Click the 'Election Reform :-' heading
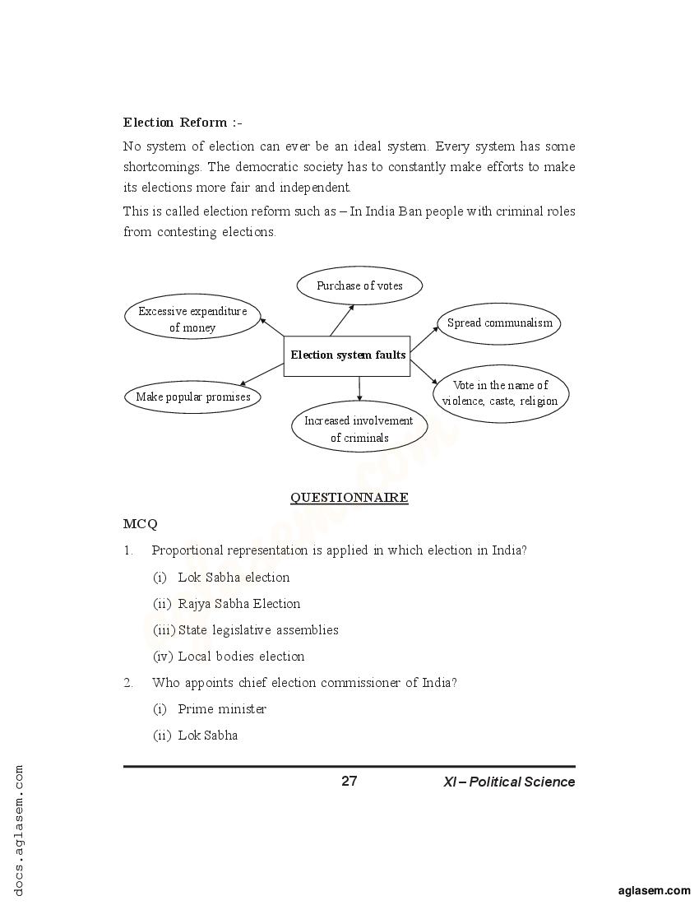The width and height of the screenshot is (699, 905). click(x=183, y=123)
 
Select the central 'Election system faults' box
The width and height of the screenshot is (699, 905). click(x=347, y=355)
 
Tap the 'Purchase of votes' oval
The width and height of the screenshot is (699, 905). click(x=359, y=285)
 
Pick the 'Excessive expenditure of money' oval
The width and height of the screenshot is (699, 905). click(x=192, y=319)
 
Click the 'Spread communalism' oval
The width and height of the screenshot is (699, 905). click(x=499, y=323)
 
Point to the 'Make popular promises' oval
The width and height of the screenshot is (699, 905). click(x=192, y=397)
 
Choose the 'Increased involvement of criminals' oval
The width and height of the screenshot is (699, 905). click(x=359, y=429)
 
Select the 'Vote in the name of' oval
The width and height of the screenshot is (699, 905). click(x=500, y=393)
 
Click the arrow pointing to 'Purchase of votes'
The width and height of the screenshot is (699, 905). click(x=342, y=319)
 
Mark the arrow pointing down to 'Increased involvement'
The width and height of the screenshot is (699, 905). click(x=359, y=388)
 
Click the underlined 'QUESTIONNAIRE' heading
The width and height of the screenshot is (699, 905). click(x=349, y=498)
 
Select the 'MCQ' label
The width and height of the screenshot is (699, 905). click(x=141, y=524)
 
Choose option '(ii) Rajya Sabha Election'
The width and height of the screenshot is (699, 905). click(x=227, y=604)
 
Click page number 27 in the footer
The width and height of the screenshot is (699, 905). click(x=349, y=781)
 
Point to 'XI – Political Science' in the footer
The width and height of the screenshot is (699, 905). click(x=509, y=782)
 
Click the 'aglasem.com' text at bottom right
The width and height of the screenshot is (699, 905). click(x=654, y=890)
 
